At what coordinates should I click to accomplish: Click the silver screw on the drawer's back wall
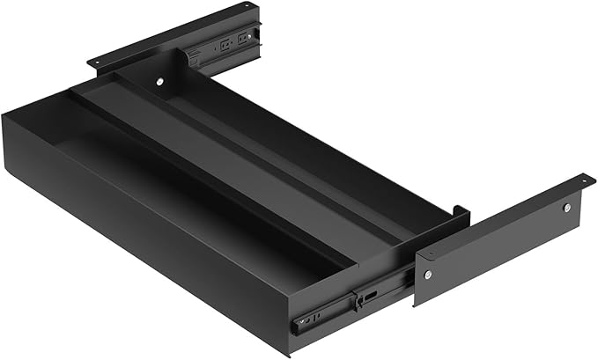pos(160,82)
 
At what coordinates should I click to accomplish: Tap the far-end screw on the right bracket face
pos(566,208)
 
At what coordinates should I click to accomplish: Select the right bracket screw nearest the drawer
pos(427,275)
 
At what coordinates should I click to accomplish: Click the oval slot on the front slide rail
pos(371,294)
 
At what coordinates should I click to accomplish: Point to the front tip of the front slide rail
pos(297,323)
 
